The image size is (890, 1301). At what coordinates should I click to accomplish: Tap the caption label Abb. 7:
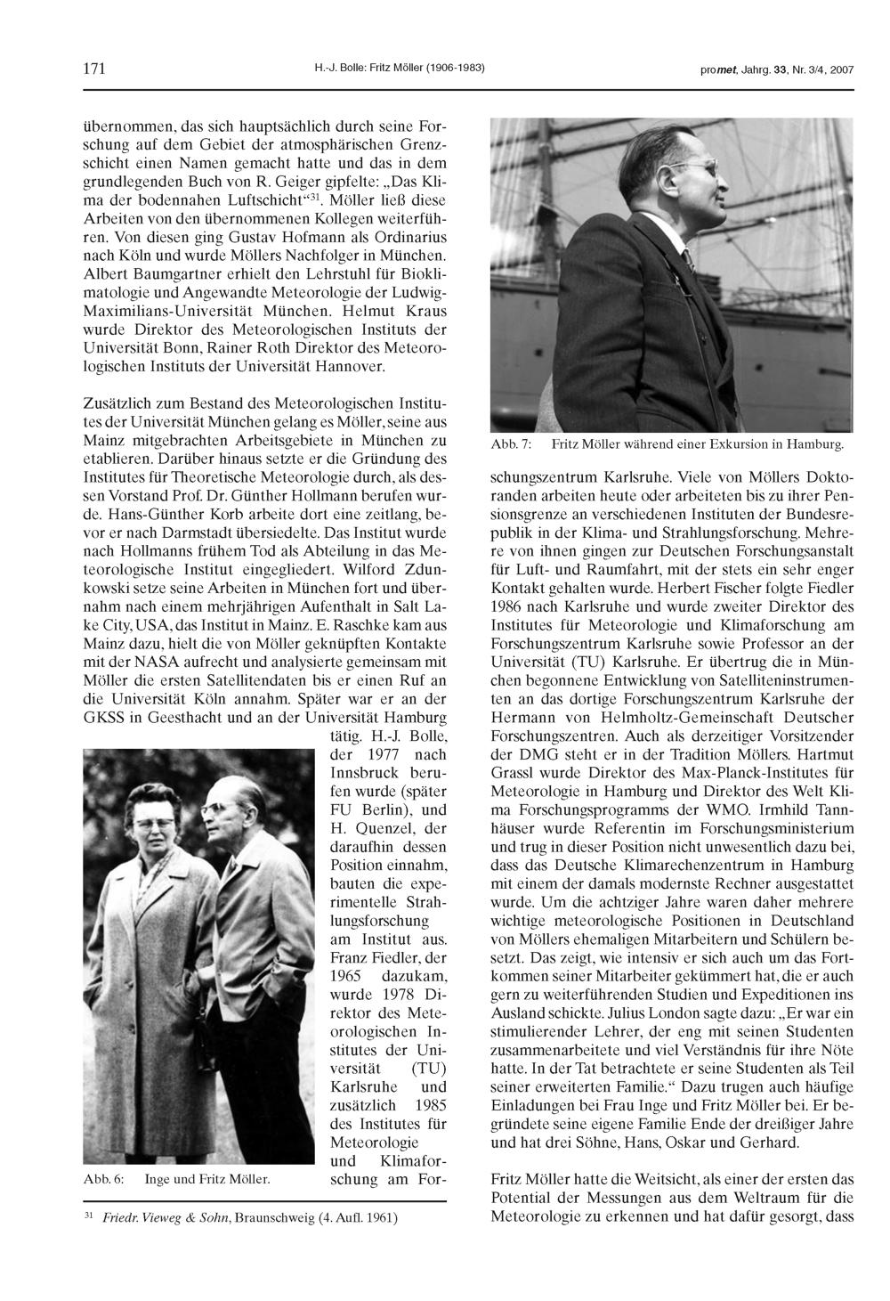point(510,443)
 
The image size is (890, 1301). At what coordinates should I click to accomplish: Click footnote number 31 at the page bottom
point(88,1214)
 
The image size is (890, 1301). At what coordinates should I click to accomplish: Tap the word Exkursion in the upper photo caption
point(722,443)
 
